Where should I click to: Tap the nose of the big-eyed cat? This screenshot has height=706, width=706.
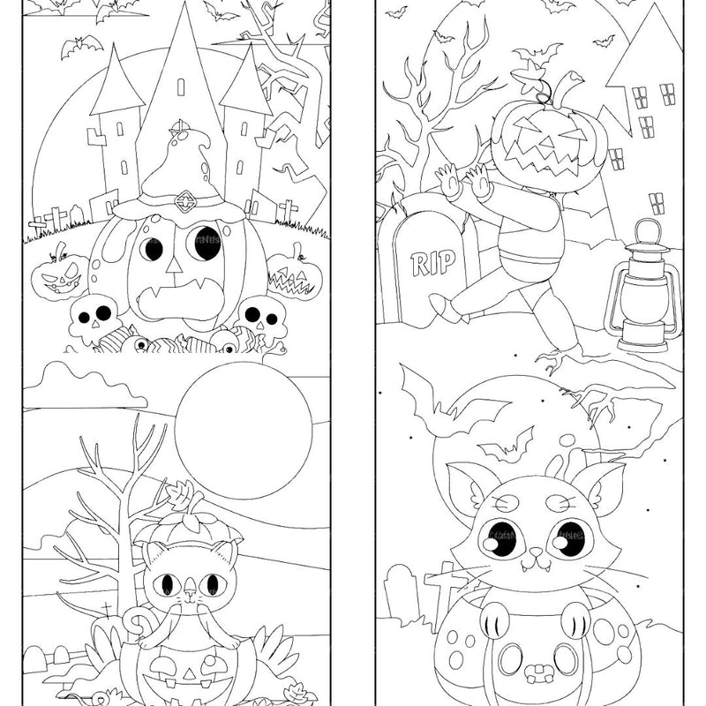click(534, 553)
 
